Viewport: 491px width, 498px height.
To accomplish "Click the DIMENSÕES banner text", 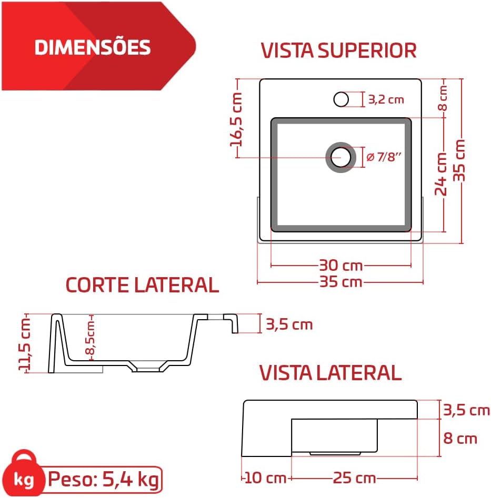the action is [x=92, y=47].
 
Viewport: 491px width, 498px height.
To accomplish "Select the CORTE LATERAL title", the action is [x=142, y=284].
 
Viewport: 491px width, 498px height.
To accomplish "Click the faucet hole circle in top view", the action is [x=341, y=99].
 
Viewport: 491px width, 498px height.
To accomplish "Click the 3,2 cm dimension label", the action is [x=386, y=100].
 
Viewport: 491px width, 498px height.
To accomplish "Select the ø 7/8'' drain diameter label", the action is [x=384, y=157].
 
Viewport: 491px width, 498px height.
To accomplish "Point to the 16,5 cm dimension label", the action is [x=237, y=119].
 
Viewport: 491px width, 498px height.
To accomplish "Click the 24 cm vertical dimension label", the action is [x=441, y=174].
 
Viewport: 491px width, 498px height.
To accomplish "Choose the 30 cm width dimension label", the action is [x=340, y=266].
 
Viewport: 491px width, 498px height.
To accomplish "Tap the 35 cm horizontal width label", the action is [x=340, y=282].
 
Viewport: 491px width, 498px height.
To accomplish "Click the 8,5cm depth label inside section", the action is [x=90, y=337].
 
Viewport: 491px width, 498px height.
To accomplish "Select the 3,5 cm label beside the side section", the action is [x=289, y=324].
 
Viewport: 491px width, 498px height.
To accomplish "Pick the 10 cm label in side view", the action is [x=265, y=478].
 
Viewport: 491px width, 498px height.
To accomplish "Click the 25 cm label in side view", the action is [x=354, y=478].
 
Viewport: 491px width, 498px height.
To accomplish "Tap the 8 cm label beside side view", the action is [x=460, y=439].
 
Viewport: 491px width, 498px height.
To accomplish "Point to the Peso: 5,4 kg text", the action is [x=104, y=479].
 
